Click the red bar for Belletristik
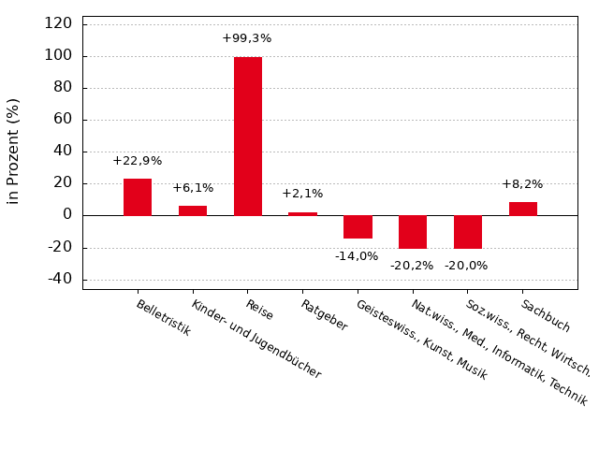138,197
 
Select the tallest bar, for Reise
248,137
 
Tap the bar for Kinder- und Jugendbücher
193,210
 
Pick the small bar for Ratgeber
302,213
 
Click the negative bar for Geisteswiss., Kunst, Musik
358,226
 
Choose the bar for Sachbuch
523,209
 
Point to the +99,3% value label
247,38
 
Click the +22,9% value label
138,161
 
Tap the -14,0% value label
357,256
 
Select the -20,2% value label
412,266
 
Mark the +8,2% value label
522,184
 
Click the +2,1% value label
302,194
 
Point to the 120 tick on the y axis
58,23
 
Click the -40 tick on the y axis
59,279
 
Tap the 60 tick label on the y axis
63,120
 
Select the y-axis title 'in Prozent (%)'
13,151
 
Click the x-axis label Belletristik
164,318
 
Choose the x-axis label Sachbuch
546,316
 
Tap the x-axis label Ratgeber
324,315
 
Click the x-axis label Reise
259,310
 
